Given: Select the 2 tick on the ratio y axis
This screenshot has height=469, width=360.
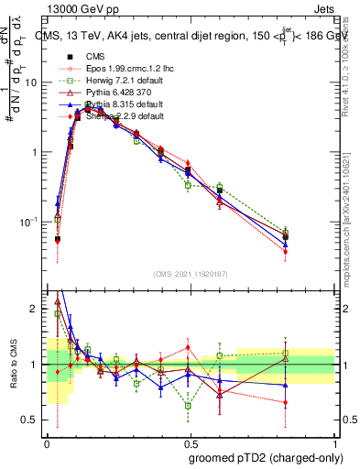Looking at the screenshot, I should coord(37,310).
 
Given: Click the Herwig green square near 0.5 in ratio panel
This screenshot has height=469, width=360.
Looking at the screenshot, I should coord(188,405).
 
